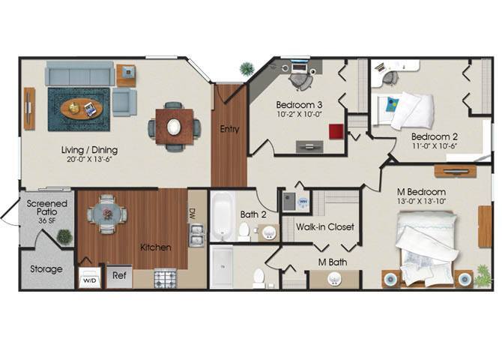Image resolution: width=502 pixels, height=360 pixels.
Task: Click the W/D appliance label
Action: pyautogui.click(x=89, y=280)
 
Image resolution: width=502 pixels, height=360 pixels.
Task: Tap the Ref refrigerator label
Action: pyautogui.click(x=119, y=275)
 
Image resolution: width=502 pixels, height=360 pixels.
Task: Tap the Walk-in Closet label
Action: pyautogui.click(x=324, y=226)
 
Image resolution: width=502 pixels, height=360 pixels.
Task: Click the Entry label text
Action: pyautogui.click(x=229, y=129)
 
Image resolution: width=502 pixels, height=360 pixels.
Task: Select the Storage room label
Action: pyautogui.click(x=46, y=268)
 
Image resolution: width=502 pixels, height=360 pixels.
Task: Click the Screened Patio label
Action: pyautogui.click(x=46, y=208)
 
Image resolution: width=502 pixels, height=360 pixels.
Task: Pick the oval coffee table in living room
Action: pyautogui.click(x=81, y=109)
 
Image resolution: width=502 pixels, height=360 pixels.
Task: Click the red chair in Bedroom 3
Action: pyautogui.click(x=336, y=131)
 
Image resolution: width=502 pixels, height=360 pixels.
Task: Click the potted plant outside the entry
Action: pyautogui.click(x=247, y=69)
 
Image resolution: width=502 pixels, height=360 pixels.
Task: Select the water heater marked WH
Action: pyautogui.click(x=303, y=201)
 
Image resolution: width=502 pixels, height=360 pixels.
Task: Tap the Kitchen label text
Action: pyautogui.click(x=155, y=247)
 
